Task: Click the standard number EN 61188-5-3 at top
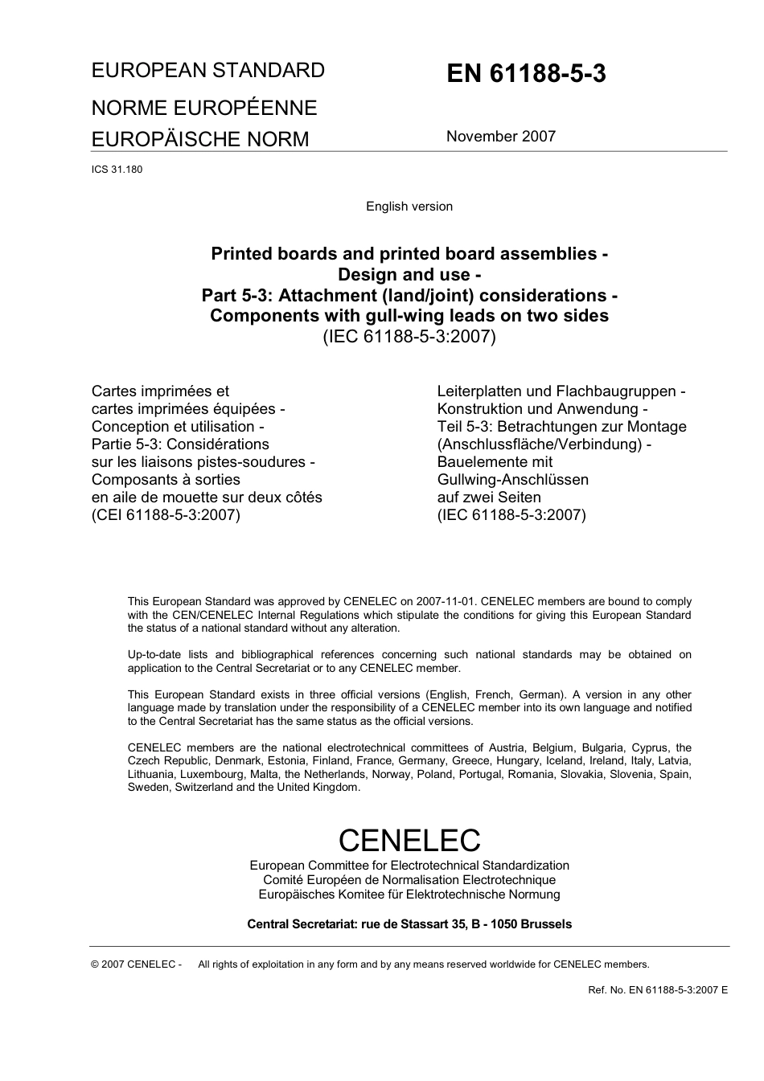(x=526, y=74)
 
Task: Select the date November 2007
(x=500, y=137)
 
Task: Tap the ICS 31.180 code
(x=117, y=170)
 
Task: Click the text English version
(x=409, y=207)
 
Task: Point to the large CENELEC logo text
(x=409, y=841)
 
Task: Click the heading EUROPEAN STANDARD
(x=207, y=71)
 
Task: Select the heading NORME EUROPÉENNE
(x=203, y=108)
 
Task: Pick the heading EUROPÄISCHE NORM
(x=199, y=140)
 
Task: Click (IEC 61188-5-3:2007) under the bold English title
(x=409, y=337)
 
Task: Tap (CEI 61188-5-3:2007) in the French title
(x=166, y=515)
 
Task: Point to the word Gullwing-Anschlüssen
(x=512, y=480)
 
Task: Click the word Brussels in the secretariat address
(x=546, y=924)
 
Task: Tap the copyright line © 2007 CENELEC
(x=136, y=964)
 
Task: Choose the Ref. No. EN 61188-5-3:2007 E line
(x=658, y=990)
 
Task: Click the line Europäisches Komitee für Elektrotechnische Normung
(x=409, y=895)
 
